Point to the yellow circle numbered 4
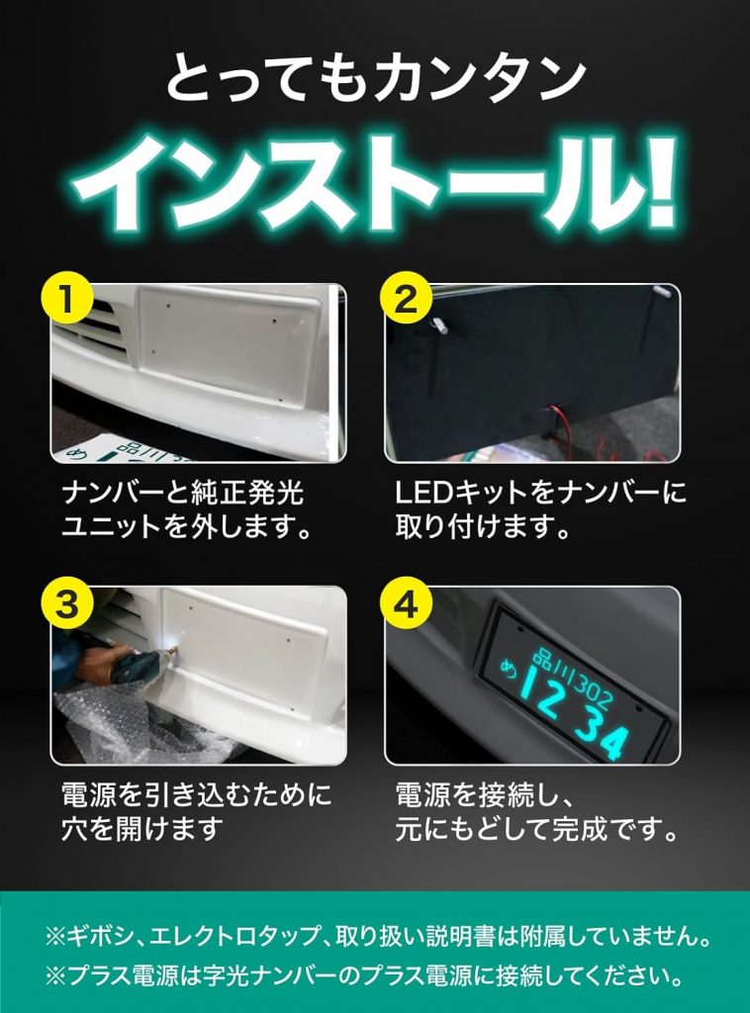coord(406,603)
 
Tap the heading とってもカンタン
coord(375,79)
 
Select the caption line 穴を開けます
coord(140,828)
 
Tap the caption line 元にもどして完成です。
coord(537,828)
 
